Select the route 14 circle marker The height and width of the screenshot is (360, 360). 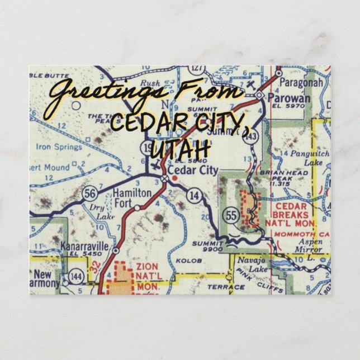194,195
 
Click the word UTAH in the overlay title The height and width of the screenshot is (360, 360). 180,148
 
